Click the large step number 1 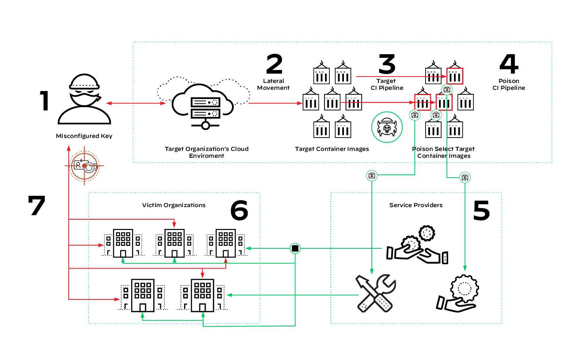pos(44,101)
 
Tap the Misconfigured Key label pos(84,136)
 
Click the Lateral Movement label pos(274,85)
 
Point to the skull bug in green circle pos(387,127)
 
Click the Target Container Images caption pos(332,149)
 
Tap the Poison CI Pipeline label pos(509,85)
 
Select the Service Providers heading pos(416,205)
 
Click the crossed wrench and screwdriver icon pos(375,293)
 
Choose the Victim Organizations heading pos(174,205)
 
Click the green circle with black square pos(295,248)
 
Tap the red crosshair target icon pos(85,166)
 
